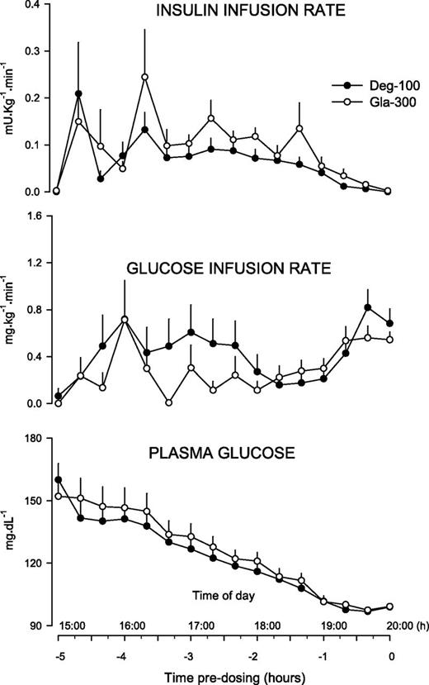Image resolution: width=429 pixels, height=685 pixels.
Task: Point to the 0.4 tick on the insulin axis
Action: [36, 5]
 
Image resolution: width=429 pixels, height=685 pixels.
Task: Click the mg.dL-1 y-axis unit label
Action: [11, 534]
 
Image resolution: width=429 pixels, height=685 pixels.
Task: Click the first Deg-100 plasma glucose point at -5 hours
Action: [58, 480]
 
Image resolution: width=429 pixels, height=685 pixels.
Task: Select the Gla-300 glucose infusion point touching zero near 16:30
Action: [167, 402]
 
